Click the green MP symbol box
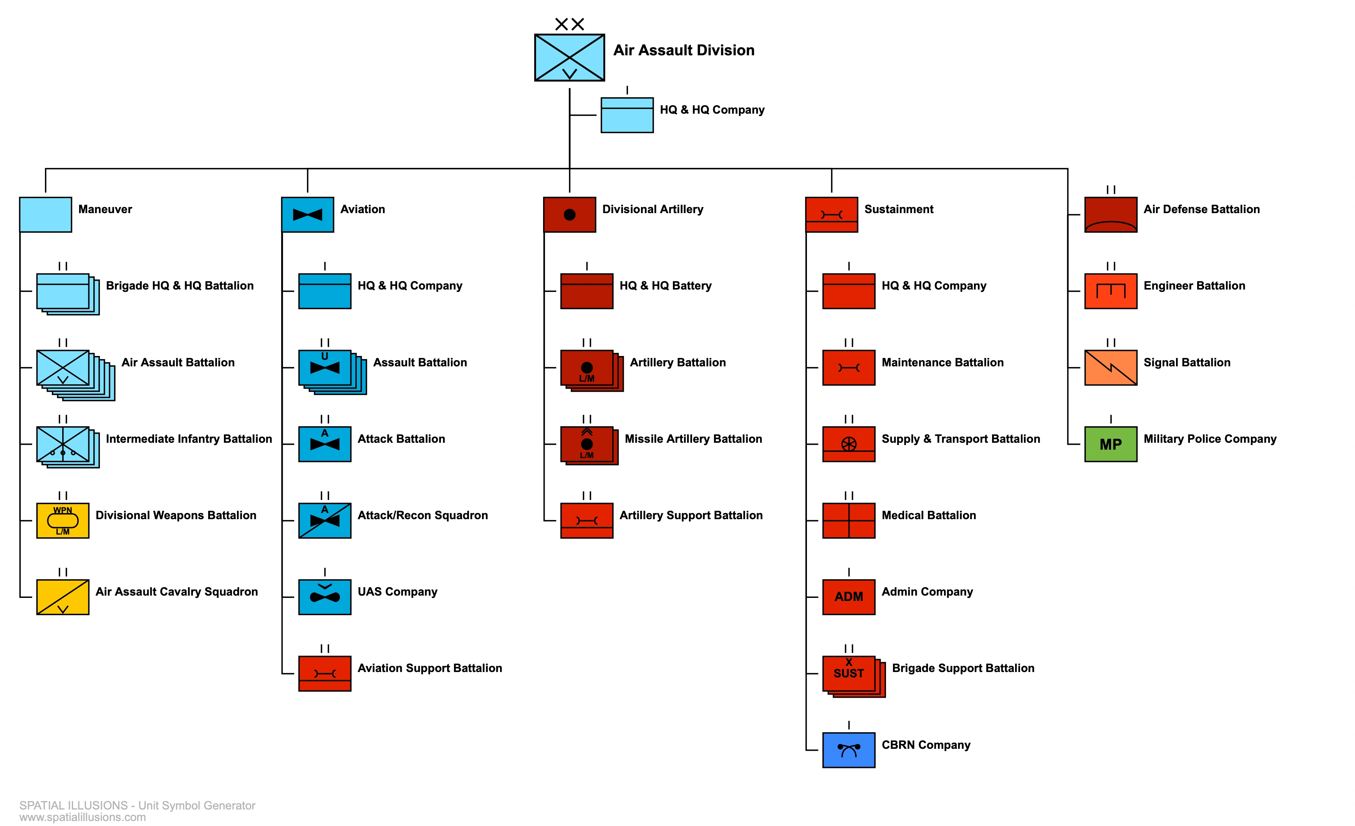click(x=1110, y=444)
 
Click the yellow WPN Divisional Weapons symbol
click(x=63, y=520)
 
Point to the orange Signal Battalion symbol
click(x=1110, y=367)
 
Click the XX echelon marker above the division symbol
click(x=569, y=24)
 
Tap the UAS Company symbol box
click(x=325, y=597)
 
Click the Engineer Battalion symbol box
click(x=1110, y=291)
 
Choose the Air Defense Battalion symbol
click(x=1110, y=215)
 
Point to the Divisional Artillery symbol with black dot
click(x=569, y=215)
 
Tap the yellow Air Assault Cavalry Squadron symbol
click(x=63, y=597)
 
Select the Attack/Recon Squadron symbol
click(x=325, y=520)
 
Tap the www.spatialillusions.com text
click(x=83, y=817)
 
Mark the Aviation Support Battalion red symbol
click(x=325, y=673)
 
